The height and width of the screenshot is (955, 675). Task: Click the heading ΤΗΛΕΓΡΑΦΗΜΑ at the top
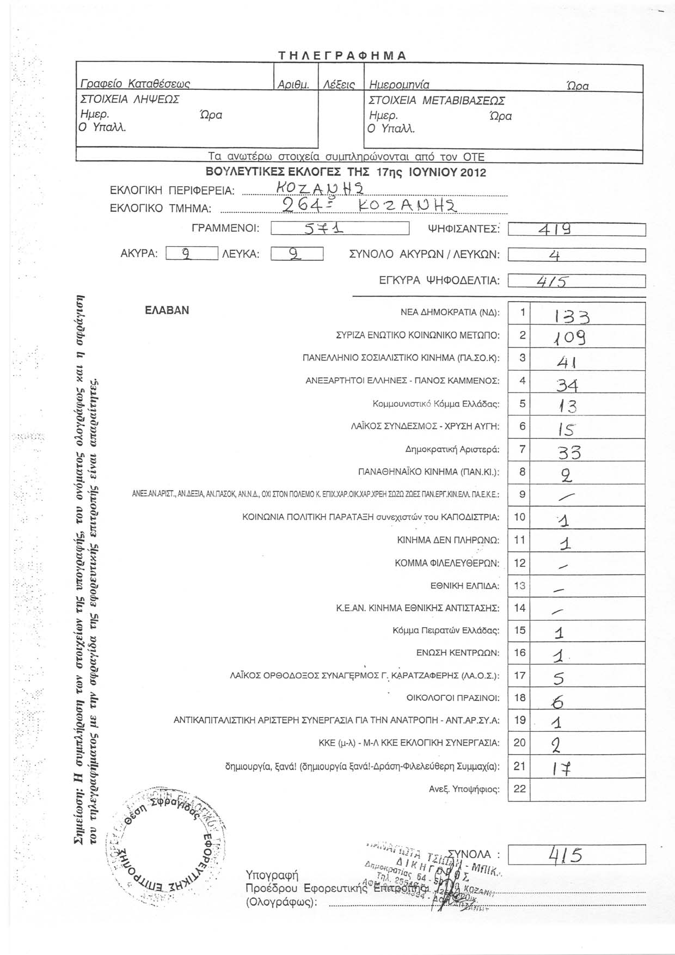[342, 56]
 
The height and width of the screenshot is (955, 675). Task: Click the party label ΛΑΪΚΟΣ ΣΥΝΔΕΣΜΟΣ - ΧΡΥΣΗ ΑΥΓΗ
[425, 426]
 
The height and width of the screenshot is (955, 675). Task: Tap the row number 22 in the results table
[520, 788]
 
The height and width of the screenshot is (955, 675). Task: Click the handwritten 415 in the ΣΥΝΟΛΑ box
[567, 855]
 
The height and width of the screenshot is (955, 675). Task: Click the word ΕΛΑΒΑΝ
[167, 310]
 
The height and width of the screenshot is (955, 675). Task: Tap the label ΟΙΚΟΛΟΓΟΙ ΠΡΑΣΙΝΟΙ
[453, 697]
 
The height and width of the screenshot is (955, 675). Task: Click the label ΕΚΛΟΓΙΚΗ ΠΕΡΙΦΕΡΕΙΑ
[172, 191]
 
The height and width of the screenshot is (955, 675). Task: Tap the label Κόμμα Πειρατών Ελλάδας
[446, 630]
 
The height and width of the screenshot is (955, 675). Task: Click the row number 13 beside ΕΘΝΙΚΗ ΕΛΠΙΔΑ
[520, 585]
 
